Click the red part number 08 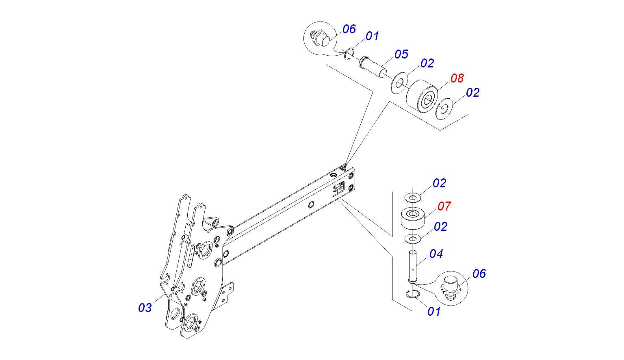click(x=457, y=78)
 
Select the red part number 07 click(x=444, y=206)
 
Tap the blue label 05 click(x=401, y=54)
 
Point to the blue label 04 click(x=436, y=254)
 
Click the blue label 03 click(x=145, y=308)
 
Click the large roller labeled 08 click(x=422, y=97)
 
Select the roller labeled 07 click(x=413, y=218)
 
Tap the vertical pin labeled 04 click(x=413, y=266)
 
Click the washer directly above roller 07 click(x=413, y=198)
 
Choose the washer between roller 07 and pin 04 click(x=413, y=238)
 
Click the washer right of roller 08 click(x=444, y=108)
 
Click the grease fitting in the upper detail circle click(x=319, y=38)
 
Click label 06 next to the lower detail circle click(x=479, y=274)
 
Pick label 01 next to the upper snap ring click(x=372, y=36)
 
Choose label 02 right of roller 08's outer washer click(x=472, y=93)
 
